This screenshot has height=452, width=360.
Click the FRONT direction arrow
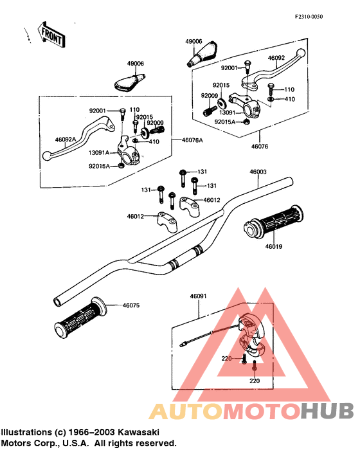[x=51, y=34]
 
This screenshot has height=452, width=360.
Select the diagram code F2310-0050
[x=309, y=17]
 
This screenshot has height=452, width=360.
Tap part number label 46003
[x=258, y=172]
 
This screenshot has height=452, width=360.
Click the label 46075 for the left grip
[x=131, y=305]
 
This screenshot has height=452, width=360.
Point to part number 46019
[x=273, y=246]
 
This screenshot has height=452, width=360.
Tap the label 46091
[x=198, y=296]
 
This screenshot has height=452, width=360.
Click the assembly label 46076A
[x=192, y=140]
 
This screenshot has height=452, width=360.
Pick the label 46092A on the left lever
[x=66, y=140]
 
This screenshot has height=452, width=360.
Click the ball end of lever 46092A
[x=46, y=156]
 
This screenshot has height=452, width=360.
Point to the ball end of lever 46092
[x=301, y=53]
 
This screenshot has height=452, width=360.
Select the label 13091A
[x=99, y=153]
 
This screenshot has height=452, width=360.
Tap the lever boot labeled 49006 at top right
[x=203, y=54]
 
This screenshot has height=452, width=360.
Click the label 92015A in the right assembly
[x=225, y=122]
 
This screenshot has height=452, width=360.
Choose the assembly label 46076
[x=260, y=147]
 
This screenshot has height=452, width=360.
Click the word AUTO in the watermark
[x=187, y=411]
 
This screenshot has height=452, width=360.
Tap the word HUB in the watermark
[x=327, y=411]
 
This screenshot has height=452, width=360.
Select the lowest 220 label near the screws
[x=255, y=381]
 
